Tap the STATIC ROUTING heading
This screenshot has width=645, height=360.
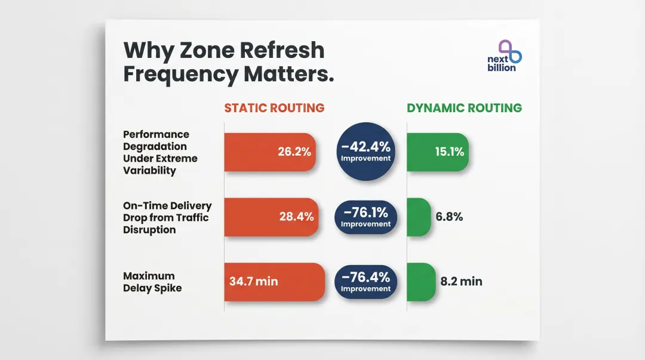click(274, 108)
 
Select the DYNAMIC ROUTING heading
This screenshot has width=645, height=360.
click(464, 108)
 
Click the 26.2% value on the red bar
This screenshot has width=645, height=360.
click(294, 152)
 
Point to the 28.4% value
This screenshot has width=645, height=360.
click(296, 217)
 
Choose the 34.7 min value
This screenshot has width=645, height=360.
click(254, 281)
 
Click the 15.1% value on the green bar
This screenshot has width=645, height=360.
click(450, 152)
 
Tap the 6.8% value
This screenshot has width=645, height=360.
click(449, 217)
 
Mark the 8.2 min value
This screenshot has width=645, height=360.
click(461, 281)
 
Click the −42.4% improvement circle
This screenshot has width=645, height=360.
click(365, 151)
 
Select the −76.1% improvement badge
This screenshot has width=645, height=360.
click(365, 217)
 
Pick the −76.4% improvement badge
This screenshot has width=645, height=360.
click(365, 281)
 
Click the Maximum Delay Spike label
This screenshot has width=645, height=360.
click(152, 282)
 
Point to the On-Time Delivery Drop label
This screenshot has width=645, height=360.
click(167, 217)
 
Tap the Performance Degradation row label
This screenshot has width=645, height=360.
click(159, 152)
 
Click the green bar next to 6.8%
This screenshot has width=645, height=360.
click(419, 217)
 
